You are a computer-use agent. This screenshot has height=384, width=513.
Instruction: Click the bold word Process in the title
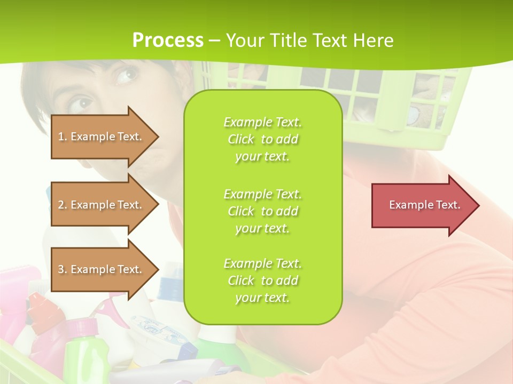point(168,41)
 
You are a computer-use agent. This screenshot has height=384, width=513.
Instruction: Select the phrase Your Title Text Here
point(310,41)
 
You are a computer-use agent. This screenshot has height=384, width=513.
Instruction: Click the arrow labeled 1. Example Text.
point(102,137)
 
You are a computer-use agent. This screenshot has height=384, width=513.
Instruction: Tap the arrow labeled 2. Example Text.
point(102,205)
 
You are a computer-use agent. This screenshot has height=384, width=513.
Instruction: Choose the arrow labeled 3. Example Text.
point(102,269)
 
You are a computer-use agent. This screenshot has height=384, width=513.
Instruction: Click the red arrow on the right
point(422,205)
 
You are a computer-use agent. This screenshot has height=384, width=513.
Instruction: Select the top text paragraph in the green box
point(262,139)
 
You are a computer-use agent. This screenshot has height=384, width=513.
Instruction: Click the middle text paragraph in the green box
point(262,211)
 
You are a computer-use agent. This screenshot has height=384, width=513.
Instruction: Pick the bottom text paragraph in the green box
point(262,281)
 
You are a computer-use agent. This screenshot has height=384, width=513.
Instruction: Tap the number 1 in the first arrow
point(61,137)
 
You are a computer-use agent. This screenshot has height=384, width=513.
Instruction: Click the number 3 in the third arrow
point(61,269)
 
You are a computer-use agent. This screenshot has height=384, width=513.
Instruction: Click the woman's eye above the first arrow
point(127,75)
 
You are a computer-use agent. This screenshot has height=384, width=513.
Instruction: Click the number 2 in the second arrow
point(61,205)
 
